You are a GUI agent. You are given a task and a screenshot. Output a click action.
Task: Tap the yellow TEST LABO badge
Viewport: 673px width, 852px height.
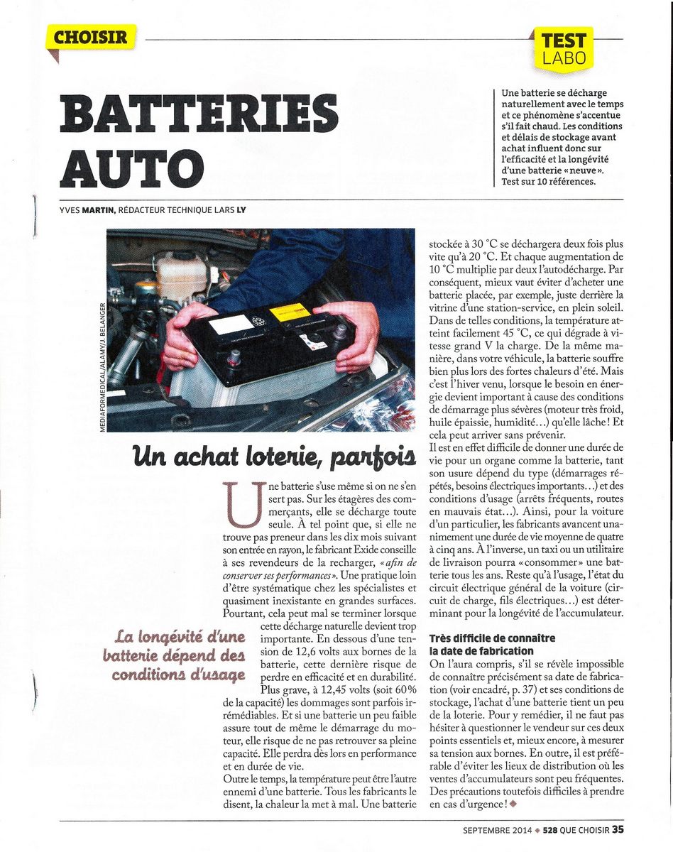pyautogui.click(x=564, y=48)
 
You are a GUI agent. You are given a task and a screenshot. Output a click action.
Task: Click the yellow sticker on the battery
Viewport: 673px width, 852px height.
pyautogui.click(x=290, y=312)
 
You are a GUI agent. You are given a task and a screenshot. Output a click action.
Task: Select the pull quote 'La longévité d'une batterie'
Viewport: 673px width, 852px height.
pyautogui.click(x=180, y=653)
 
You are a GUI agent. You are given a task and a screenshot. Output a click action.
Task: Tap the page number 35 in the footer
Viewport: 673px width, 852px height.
pyautogui.click(x=618, y=828)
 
